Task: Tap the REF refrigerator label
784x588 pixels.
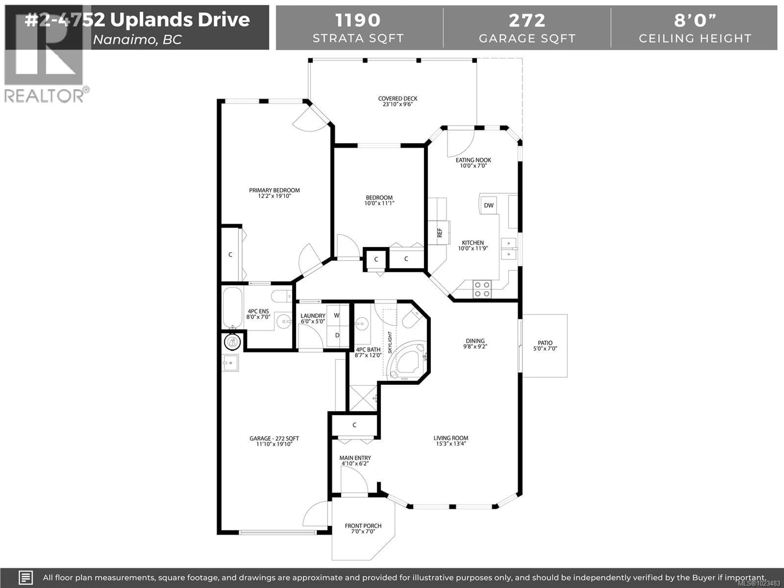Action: click(x=440, y=233)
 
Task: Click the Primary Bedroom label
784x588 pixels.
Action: click(x=274, y=190)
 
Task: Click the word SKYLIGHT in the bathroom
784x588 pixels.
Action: click(x=390, y=342)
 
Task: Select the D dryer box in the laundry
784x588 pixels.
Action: click(x=337, y=335)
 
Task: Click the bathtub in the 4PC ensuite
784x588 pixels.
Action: click(x=232, y=308)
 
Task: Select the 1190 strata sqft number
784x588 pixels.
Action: click(x=358, y=20)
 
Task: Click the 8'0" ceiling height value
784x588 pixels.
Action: click(x=695, y=20)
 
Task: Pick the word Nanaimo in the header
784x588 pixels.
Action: click(x=124, y=40)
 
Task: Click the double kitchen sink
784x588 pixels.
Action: click(x=509, y=249)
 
